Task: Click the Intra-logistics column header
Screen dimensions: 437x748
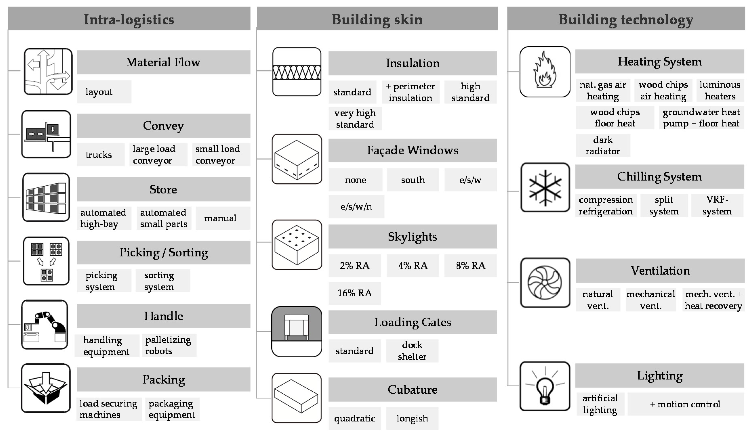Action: (x=129, y=19)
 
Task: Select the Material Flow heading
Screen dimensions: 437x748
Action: (x=163, y=62)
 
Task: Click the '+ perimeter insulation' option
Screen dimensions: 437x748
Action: (x=411, y=92)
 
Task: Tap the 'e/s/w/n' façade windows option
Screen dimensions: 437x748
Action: (x=356, y=207)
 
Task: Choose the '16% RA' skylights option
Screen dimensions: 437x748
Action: (x=355, y=293)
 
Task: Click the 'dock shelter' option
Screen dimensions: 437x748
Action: (x=412, y=351)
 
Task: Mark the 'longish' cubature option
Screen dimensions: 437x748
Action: (x=412, y=418)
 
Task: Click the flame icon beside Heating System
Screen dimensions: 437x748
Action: (x=545, y=72)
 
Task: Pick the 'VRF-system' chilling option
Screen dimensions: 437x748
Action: (x=717, y=205)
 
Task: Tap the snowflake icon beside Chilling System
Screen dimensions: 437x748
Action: (x=545, y=187)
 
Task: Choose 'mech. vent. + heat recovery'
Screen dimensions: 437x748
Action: (x=713, y=300)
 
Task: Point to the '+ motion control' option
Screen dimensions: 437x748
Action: (x=685, y=404)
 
